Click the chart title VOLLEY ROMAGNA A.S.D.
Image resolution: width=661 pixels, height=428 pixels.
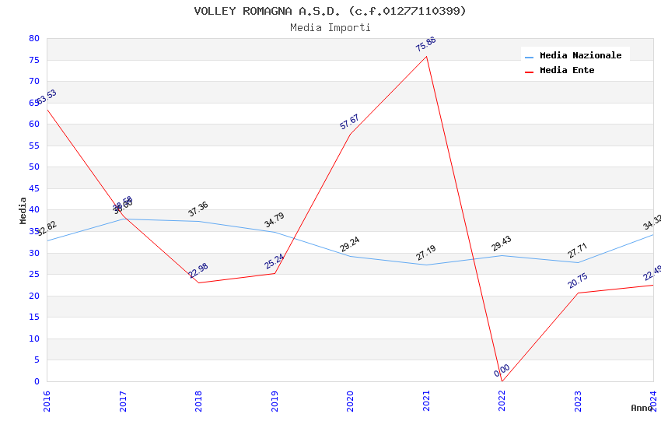point(330,11)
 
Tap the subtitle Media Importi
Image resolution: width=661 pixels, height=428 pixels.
point(330,28)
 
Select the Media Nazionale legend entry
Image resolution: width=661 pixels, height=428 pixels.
point(580,56)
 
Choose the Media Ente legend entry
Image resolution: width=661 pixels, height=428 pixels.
point(567,71)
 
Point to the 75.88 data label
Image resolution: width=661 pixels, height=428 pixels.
point(425,44)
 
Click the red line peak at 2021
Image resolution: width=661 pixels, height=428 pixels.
point(426,56)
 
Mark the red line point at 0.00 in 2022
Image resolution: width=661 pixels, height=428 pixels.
point(502,381)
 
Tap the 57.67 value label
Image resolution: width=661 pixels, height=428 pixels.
point(349,122)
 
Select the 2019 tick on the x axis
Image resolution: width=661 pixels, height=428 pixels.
point(275,400)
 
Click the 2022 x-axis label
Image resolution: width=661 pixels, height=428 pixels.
point(502,400)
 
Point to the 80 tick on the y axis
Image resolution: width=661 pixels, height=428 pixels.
point(33,39)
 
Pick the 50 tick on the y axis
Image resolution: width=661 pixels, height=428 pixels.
point(33,167)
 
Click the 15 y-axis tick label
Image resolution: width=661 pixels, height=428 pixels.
point(33,317)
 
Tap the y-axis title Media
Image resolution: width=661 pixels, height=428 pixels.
point(23,210)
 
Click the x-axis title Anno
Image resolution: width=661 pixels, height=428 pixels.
point(642,408)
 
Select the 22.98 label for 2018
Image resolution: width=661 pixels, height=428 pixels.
point(198,271)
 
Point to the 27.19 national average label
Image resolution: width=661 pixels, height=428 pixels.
point(425,253)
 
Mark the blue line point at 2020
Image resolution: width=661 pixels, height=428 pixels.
point(350,256)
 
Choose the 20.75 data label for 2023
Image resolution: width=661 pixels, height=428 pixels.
point(577,281)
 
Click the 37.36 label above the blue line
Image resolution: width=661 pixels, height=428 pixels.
point(198,209)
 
